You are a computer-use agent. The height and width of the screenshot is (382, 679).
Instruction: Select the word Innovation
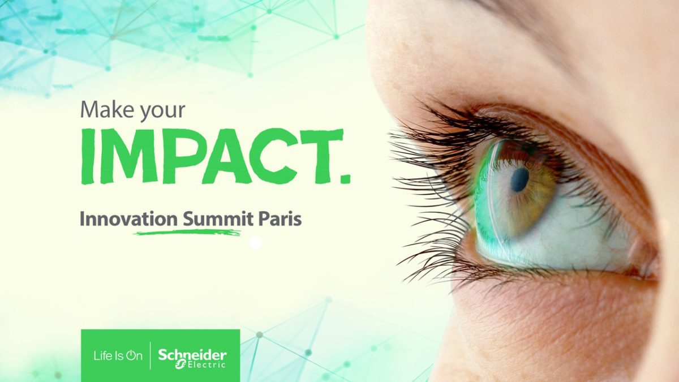(129, 219)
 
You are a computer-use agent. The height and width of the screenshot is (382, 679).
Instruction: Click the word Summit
(218, 219)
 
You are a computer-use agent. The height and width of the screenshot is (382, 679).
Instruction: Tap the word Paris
(280, 219)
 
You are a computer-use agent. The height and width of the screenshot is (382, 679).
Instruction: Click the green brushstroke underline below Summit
(188, 233)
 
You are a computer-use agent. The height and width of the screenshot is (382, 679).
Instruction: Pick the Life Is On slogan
(118, 356)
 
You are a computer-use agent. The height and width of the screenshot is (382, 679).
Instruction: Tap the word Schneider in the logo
(192, 354)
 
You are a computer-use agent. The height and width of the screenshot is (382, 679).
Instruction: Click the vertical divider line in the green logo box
(151, 356)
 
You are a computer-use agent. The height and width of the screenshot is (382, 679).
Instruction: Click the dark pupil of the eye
(519, 180)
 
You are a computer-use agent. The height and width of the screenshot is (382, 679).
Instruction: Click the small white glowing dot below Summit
(256, 242)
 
